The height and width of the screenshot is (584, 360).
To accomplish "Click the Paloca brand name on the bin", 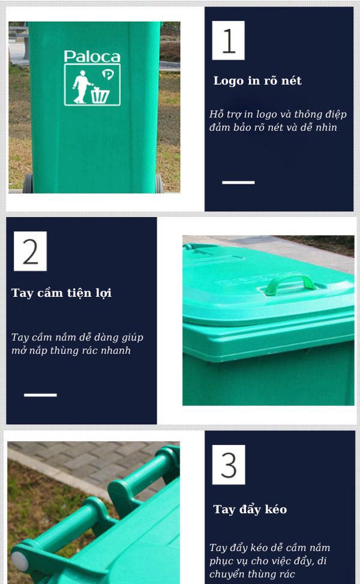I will tap(92, 57).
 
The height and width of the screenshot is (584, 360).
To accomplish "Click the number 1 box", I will tap(229, 40).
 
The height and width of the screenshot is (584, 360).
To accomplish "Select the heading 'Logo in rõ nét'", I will tap(257, 81).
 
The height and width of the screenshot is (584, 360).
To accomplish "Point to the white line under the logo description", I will tap(238, 182).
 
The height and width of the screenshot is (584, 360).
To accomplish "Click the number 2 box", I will tap(30, 251).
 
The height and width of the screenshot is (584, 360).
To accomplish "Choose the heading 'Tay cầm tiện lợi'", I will tap(61, 293).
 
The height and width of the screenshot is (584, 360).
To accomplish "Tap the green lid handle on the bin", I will tap(290, 282).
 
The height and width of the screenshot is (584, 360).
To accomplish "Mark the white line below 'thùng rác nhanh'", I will tap(40, 395).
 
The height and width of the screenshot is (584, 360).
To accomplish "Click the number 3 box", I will tap(229, 465).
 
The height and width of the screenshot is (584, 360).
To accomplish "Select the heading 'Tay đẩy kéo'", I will tap(250, 510).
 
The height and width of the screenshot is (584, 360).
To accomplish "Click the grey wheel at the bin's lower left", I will tap(28, 182).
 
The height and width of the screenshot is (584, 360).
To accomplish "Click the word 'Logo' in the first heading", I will tap(229, 81).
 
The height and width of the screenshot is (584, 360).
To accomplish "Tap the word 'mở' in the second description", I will tap(19, 351).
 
